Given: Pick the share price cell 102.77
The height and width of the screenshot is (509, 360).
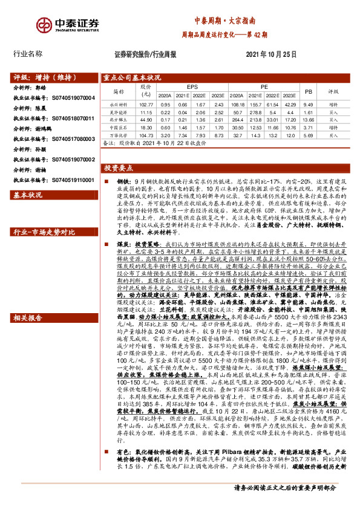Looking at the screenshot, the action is pyautogui.click(x=147, y=105).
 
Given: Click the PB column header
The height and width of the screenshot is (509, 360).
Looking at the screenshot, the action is pyautogui.click(x=309, y=92).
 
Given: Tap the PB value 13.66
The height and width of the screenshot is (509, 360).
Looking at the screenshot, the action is pyautogui.click(x=309, y=120).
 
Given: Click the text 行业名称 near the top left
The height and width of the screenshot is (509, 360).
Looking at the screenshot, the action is pyautogui.click(x=28, y=54).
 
